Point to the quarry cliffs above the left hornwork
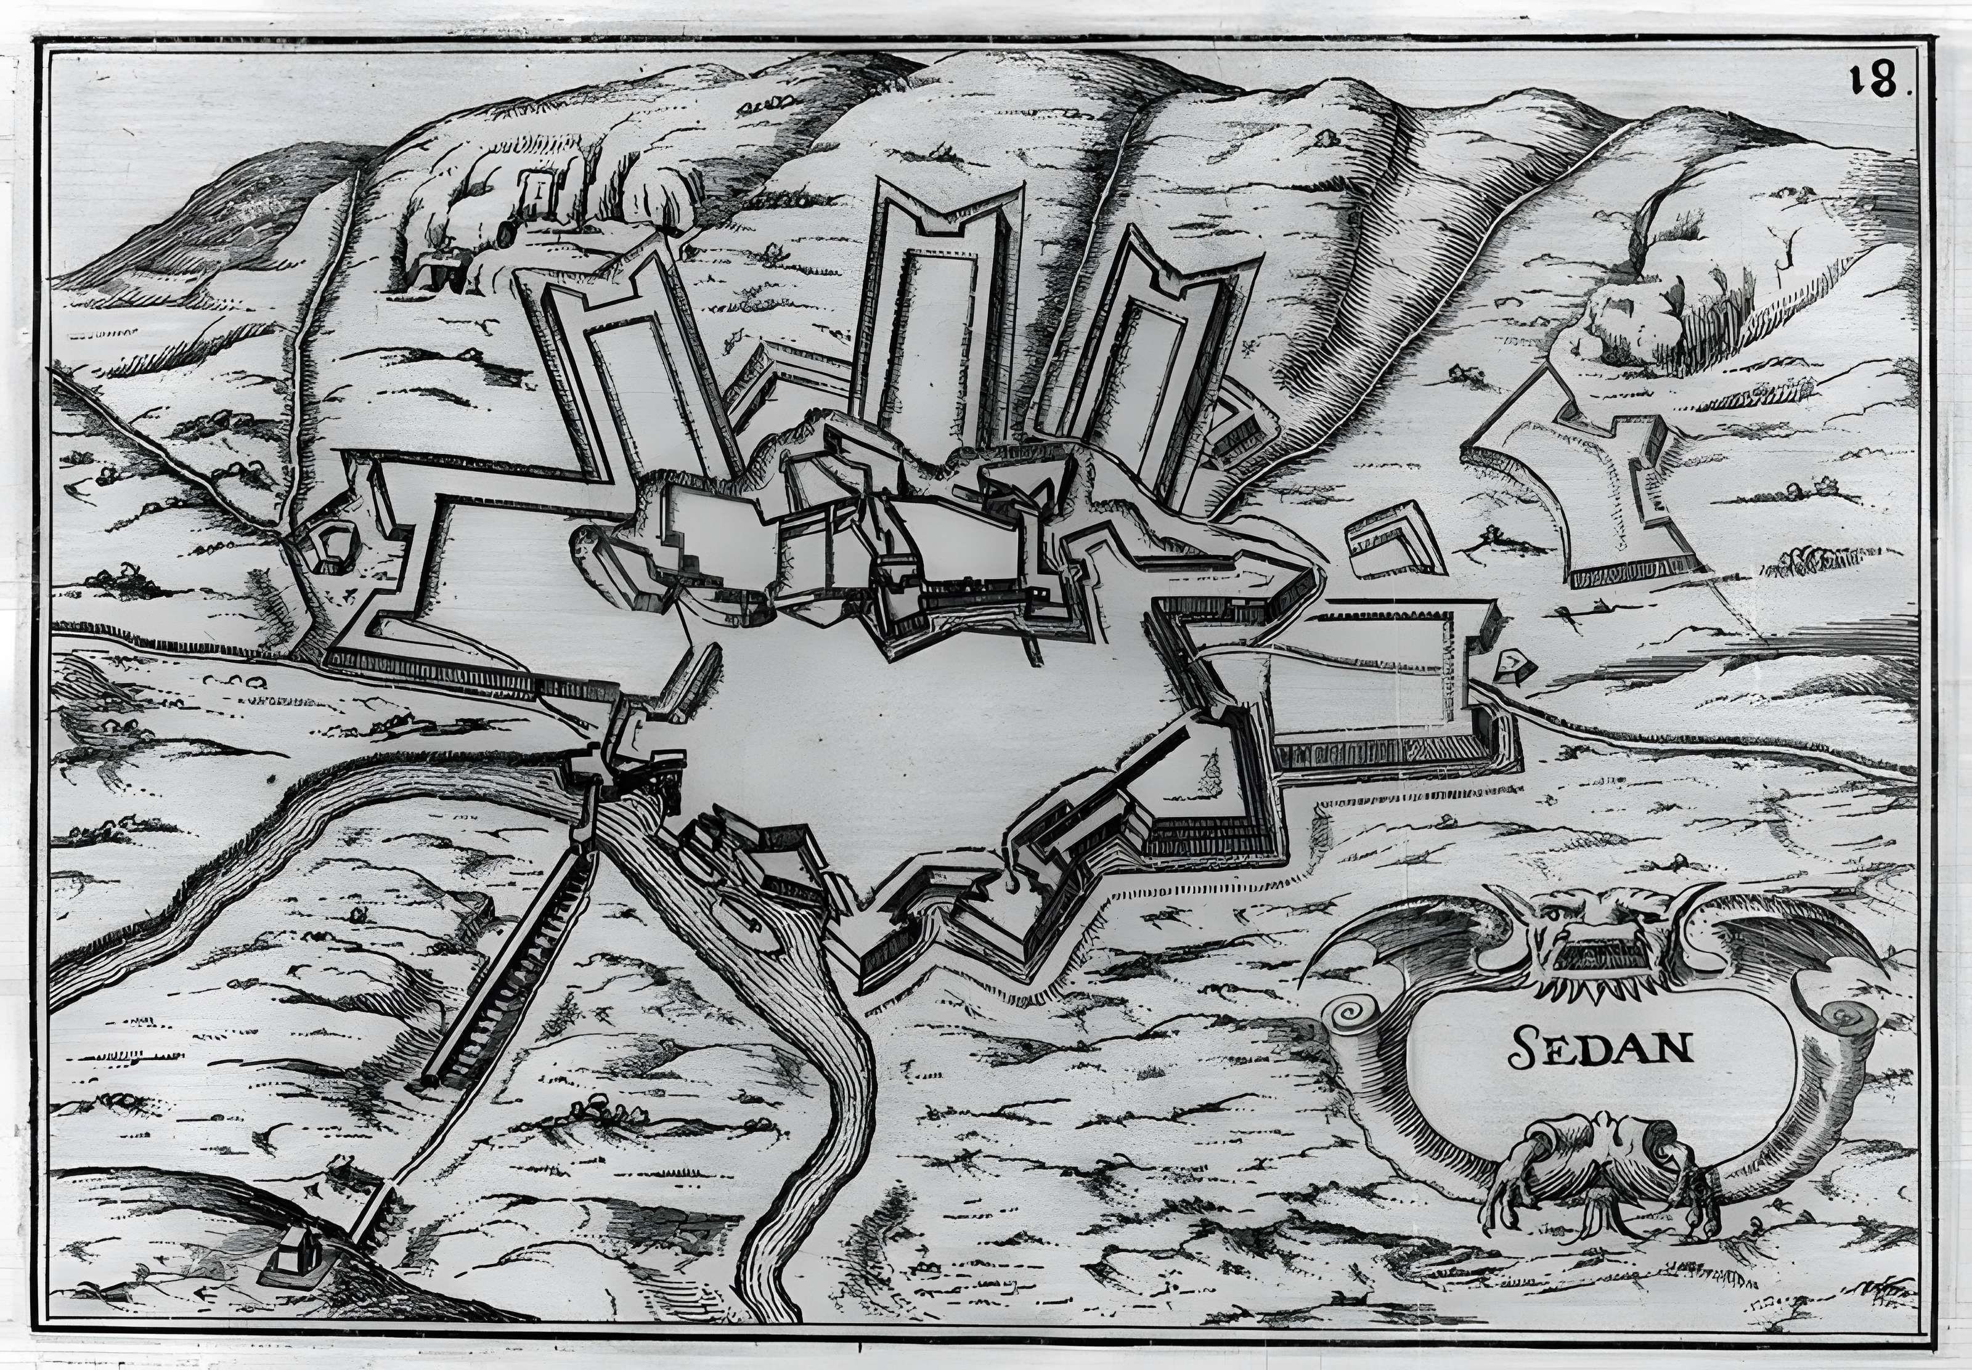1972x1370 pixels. click(532, 206)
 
